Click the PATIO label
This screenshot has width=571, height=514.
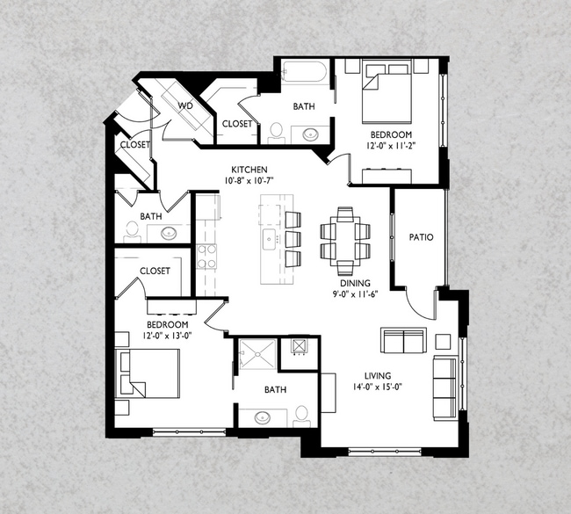coord(421,237)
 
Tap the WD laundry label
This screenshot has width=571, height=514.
coord(185,106)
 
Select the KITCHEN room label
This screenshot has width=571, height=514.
coord(249,170)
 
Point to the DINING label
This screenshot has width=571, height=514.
coord(355,283)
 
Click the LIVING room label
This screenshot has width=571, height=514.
coord(378,375)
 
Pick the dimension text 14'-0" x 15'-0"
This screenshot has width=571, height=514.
coord(377,387)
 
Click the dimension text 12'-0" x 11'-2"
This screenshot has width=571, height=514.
coord(391,145)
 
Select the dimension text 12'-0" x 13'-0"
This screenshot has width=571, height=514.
coord(168,336)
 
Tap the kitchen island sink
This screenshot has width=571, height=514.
coord(269,239)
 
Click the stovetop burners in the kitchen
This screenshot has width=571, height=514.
coord(206,257)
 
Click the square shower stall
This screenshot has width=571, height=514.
coord(257,354)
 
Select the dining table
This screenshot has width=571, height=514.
coord(345,241)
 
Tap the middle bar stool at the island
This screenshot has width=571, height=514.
coord(293,239)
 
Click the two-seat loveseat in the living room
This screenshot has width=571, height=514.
coord(404,340)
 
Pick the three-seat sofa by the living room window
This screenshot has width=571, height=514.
coord(445,388)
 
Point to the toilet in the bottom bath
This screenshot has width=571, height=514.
coord(302,416)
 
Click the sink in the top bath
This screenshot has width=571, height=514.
coord(311,134)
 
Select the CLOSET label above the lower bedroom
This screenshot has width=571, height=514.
coord(155,271)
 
